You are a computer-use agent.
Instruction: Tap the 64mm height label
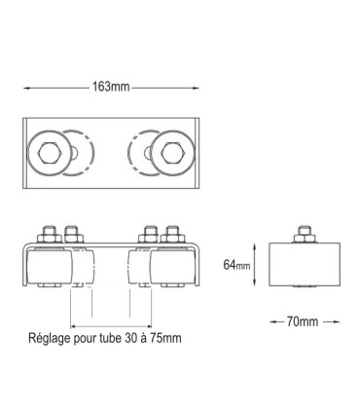click(236, 263)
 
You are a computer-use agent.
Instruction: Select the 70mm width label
click(303, 318)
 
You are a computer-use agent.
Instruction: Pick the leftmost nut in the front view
click(45, 234)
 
